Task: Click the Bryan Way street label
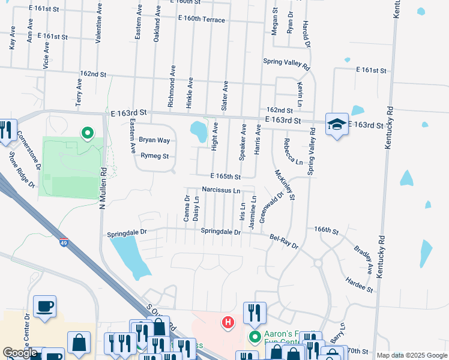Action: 154,140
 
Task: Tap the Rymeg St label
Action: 154,156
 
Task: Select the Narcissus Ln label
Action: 221,190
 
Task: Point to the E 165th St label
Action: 225,177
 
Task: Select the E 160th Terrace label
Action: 201,20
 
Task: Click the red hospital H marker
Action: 228,323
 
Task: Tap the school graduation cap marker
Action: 336,124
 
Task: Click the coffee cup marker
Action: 45,306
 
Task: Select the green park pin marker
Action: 88,132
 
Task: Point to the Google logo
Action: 20,353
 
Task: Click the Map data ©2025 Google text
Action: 411,355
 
